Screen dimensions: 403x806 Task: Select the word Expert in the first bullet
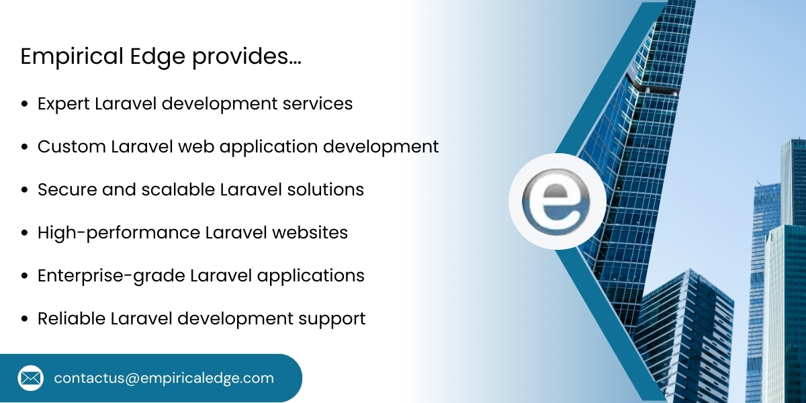click(64, 104)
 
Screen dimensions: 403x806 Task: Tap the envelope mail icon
click(30, 378)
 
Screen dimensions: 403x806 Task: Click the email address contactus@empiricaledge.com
click(164, 378)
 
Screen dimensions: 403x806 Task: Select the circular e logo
click(557, 201)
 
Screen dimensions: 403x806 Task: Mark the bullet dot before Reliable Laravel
click(25, 319)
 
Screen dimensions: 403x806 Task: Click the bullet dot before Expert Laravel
click(25, 105)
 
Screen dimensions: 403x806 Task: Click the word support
click(334, 319)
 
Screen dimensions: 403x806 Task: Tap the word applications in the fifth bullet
click(320, 276)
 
